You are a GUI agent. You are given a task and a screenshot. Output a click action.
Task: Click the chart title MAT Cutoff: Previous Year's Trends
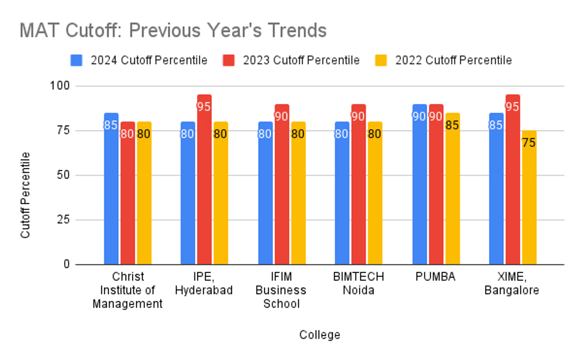pyautogui.click(x=173, y=31)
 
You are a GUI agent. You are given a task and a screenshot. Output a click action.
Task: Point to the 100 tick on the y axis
pyautogui.click(x=60, y=86)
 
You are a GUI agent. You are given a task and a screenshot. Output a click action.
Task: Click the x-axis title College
pyautogui.click(x=320, y=335)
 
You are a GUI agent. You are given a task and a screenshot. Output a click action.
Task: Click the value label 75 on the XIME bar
pyautogui.click(x=529, y=143)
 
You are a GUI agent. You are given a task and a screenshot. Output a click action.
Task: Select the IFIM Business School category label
pyautogui.click(x=281, y=290)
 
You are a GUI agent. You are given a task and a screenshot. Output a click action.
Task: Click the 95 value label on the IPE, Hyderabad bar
pyautogui.click(x=204, y=107)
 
